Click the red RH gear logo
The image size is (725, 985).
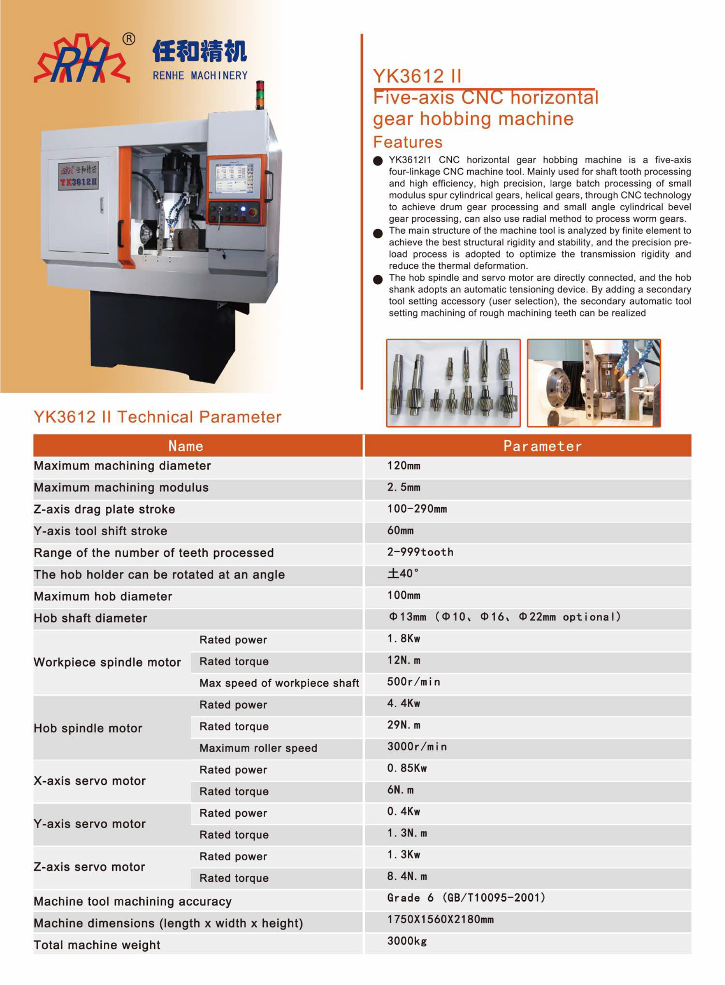click(81, 60)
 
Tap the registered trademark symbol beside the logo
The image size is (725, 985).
click(128, 39)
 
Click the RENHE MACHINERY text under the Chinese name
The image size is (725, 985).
click(200, 75)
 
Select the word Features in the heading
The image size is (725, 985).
click(407, 142)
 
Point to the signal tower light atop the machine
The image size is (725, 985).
click(260, 94)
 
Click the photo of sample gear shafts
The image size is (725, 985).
click(453, 383)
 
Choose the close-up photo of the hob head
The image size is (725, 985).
click(593, 383)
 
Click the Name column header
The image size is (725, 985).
click(186, 446)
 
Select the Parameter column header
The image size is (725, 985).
click(542, 446)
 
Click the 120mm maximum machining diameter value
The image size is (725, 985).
click(404, 466)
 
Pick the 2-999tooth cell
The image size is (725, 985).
click(420, 552)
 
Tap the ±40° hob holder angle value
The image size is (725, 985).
click(403, 574)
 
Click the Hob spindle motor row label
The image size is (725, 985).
click(88, 728)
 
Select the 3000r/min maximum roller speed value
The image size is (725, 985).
click(417, 746)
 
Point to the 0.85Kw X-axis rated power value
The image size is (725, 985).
click(407, 768)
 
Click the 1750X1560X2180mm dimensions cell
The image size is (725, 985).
click(440, 919)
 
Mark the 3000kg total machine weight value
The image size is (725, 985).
click(407, 941)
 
